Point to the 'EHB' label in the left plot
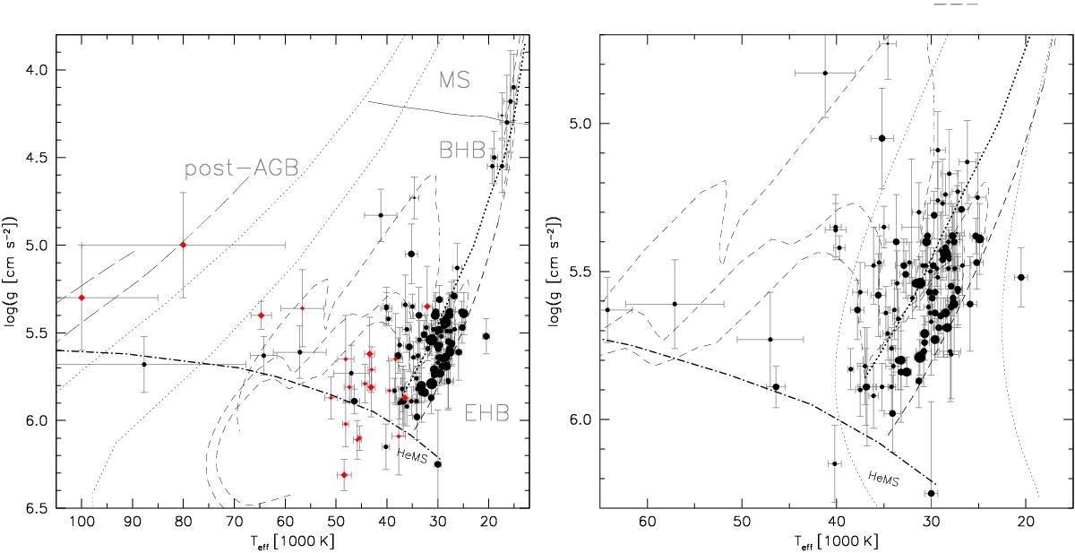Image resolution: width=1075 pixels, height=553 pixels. coord(487,413)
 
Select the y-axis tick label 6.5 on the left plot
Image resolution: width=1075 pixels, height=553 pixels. coord(35,508)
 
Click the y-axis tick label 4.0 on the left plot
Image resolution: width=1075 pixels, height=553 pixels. coord(35,70)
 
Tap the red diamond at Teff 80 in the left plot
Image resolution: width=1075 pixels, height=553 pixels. coord(183,245)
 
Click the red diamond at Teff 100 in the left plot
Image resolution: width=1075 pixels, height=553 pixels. coord(82,298)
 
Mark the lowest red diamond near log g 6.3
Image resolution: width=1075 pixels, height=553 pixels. coord(344,475)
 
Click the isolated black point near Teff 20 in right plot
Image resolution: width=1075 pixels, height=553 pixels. coord(1020,278)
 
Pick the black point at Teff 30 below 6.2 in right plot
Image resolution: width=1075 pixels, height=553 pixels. coord(931,493)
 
